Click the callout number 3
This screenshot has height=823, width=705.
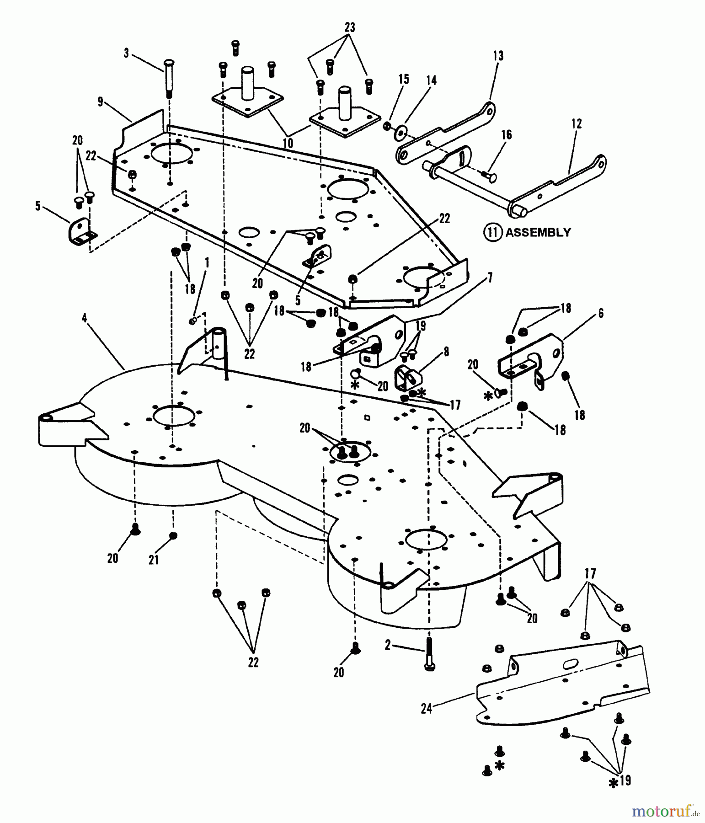(126, 53)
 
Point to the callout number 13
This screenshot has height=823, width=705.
(498, 56)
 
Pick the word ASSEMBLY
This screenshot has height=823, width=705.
(538, 232)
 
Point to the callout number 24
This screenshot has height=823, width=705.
(426, 709)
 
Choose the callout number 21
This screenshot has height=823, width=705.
(154, 559)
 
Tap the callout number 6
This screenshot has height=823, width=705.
(601, 313)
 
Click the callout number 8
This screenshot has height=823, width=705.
(446, 352)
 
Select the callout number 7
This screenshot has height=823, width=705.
(490, 277)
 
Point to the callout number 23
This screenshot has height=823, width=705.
(350, 27)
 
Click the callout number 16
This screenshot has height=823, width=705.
(506, 135)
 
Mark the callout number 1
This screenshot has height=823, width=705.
(207, 262)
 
